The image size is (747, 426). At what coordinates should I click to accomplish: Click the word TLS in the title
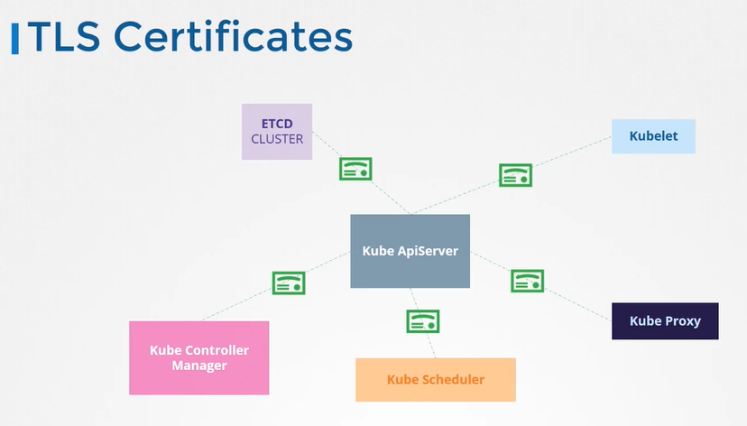point(67,37)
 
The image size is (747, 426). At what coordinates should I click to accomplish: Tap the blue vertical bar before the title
point(14,38)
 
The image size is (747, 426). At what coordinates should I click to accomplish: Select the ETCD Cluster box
point(277,132)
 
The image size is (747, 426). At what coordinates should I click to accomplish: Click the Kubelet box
point(653,136)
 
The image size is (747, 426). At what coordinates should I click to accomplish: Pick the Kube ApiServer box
point(410,251)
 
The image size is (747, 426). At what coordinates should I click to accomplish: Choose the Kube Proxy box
point(665,321)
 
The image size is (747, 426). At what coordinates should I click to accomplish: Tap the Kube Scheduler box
point(436,379)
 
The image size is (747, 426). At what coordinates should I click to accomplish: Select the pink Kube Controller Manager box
point(199,357)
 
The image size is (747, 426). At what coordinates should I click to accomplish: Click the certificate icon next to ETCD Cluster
point(355,169)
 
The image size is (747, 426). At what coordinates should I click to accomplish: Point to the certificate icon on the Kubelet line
point(515,175)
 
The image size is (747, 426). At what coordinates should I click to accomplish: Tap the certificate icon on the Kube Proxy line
point(527,281)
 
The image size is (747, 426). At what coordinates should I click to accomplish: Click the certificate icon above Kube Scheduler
point(422,320)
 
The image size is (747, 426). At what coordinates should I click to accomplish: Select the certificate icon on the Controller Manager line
point(289,282)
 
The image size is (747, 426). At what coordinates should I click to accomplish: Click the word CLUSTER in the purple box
point(277,139)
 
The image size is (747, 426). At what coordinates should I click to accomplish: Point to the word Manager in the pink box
point(199,366)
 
